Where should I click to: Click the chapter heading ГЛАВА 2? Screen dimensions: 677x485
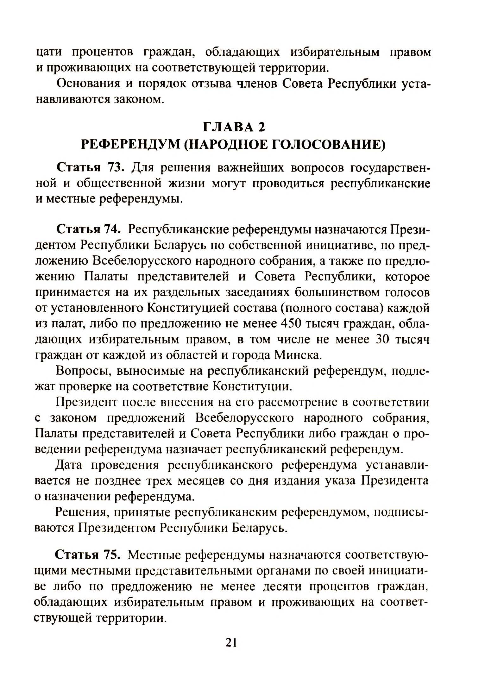(x=234, y=127)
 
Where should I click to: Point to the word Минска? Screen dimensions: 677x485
(x=298, y=355)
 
